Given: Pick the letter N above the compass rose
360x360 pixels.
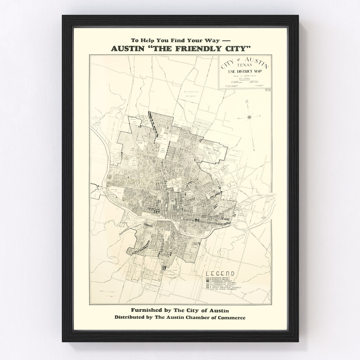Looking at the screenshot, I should click(x=246, y=102).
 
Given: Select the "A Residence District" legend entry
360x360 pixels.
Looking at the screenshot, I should click(x=221, y=278).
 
